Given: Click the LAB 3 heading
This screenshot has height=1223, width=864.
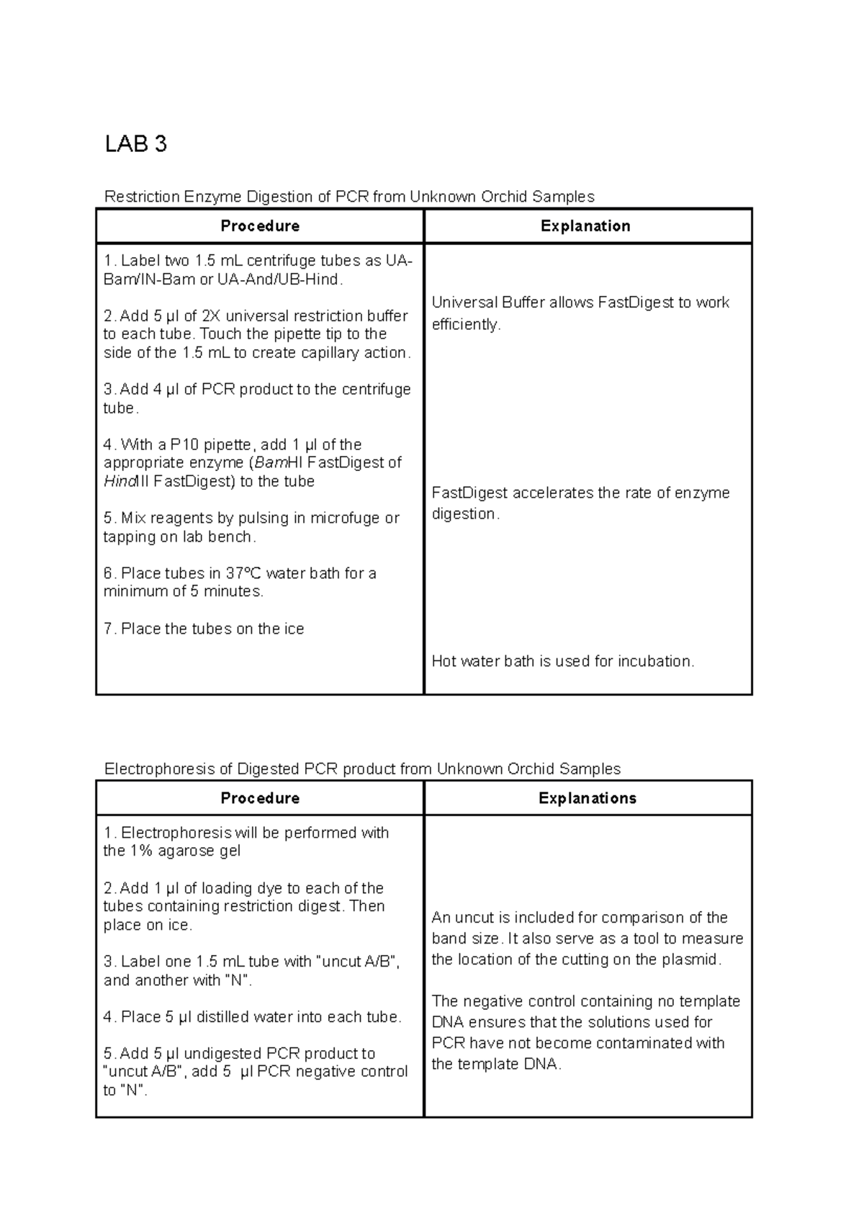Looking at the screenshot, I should [135, 144].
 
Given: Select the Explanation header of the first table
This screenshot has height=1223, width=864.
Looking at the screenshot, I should [585, 226].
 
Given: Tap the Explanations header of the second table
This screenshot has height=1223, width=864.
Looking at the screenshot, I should [588, 798].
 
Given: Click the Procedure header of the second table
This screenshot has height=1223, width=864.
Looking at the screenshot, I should [260, 798].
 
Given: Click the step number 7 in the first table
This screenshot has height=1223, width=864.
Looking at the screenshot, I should [108, 629].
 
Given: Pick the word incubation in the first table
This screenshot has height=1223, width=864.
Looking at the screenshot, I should [655, 661].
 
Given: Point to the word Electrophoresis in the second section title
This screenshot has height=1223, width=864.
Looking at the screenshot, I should [159, 769].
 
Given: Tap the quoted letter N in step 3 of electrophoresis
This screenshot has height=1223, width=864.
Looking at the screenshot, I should [235, 980].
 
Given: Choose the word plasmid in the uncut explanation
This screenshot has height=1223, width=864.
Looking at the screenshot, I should [696, 959].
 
